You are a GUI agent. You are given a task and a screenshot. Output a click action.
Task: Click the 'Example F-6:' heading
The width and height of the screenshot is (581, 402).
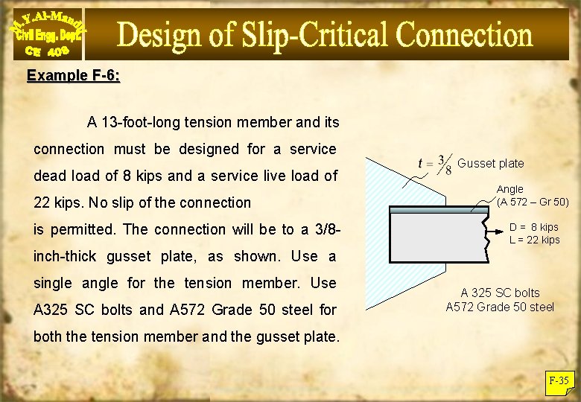(x=74, y=76)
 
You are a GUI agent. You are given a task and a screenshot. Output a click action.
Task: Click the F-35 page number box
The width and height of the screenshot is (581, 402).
(x=559, y=381)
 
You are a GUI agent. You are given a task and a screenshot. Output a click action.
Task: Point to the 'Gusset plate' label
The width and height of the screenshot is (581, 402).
(x=490, y=163)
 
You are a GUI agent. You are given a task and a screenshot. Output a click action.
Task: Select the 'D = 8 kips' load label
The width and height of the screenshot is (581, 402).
(x=533, y=227)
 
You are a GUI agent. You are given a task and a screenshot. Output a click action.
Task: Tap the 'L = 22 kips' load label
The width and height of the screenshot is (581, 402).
(x=534, y=240)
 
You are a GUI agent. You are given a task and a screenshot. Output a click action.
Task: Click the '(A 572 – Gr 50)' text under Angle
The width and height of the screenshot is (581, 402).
(x=533, y=202)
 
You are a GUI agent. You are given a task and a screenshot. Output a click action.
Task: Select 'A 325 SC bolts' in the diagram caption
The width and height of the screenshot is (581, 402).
(x=500, y=293)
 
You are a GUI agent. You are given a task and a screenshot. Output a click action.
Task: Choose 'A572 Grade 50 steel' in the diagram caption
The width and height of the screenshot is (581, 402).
(x=500, y=307)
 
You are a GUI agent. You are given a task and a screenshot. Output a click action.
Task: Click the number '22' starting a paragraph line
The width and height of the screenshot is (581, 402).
(x=43, y=202)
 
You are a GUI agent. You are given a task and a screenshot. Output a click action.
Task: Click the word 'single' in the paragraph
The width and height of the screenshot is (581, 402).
(x=54, y=283)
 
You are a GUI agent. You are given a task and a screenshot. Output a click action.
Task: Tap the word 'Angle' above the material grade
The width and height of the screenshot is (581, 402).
(x=510, y=190)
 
